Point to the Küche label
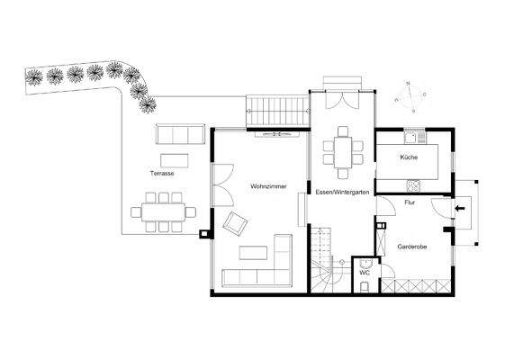coord(410,157)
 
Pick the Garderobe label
coord(411,244)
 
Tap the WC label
coord(365,272)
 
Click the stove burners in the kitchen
coord(414,186)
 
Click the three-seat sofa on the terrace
coord(180,135)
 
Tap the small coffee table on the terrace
coord(176,160)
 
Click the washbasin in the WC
coord(365,264)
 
